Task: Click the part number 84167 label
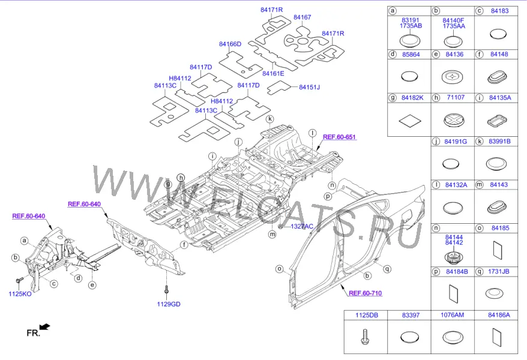coord(302,17)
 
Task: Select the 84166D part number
coord(230,44)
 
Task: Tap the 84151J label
coord(310,88)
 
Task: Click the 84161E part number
coord(273,74)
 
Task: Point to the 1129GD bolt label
coord(169,304)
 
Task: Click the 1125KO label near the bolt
coord(20,294)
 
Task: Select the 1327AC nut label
coord(302,226)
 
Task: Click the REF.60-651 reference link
coord(339,137)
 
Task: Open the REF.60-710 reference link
coord(366,293)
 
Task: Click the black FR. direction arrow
coord(44,327)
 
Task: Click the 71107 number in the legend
coord(456,97)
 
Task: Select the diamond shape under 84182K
coord(410,120)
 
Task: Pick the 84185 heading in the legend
coord(501,228)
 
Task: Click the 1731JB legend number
coord(499,271)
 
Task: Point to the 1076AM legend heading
coord(453,315)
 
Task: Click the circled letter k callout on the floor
coord(270,119)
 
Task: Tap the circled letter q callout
coord(387,269)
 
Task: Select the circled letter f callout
coord(184,245)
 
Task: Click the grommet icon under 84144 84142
coord(454,257)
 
